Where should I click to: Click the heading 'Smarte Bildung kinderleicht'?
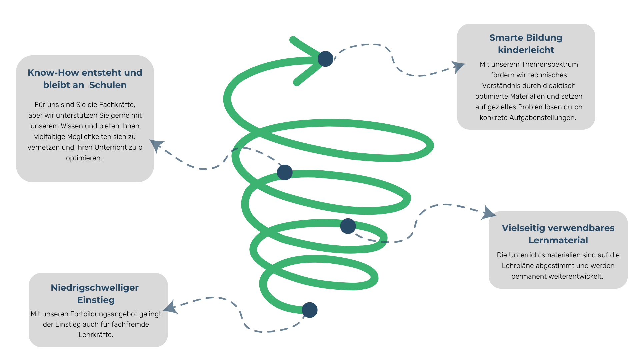(x=526, y=44)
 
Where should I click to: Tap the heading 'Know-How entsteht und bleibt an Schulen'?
(x=85, y=79)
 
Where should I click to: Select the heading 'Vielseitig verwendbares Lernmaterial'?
(x=558, y=234)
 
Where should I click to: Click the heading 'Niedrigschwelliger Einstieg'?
(x=95, y=294)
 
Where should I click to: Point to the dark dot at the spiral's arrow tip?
(x=325, y=59)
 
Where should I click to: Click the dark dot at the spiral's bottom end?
(x=310, y=310)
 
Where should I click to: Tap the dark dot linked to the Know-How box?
(x=285, y=172)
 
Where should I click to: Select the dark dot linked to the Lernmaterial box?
(x=348, y=226)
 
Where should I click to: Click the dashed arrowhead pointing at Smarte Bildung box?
(x=458, y=66)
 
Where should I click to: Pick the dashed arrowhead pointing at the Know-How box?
(x=156, y=145)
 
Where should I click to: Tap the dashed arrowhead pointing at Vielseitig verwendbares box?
(x=488, y=213)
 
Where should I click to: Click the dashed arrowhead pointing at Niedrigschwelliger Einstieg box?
(x=171, y=307)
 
